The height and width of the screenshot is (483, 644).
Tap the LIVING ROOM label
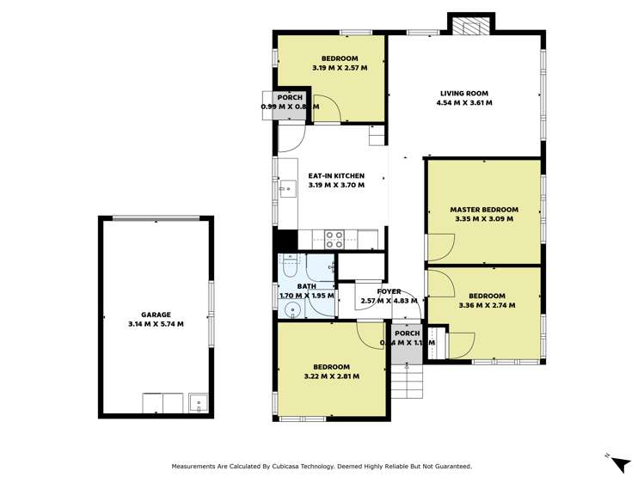click(x=464, y=93)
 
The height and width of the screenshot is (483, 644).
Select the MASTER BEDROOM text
click(x=484, y=209)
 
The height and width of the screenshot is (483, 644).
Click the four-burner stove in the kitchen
click(x=334, y=239)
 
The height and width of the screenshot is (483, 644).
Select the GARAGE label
click(x=156, y=315)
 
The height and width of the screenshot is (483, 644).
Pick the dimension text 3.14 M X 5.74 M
click(x=156, y=324)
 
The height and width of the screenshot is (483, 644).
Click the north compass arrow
click(x=619, y=463)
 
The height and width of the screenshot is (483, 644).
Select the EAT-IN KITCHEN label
click(x=336, y=175)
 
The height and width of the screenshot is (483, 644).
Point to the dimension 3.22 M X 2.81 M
click(x=332, y=376)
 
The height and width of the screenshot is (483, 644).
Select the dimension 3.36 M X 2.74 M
click(x=487, y=303)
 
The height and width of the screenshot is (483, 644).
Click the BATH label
click(x=307, y=286)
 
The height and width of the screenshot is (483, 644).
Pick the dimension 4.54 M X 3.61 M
click(x=464, y=102)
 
